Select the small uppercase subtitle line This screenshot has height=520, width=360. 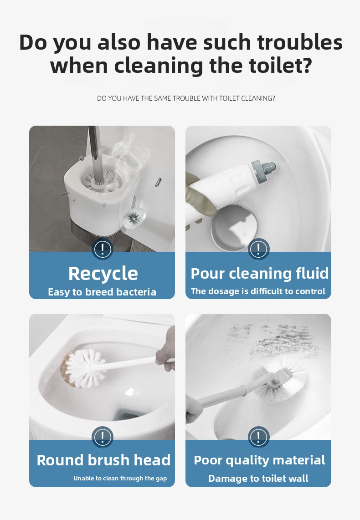[186, 98]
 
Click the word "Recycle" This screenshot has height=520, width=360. [103, 274]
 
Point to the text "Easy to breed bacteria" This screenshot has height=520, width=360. [102, 292]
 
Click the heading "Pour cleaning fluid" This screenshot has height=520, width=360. [259, 273]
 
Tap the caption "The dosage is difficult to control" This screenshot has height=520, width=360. [258, 291]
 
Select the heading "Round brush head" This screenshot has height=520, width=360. [103, 460]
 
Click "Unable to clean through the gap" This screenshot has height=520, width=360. [120, 478]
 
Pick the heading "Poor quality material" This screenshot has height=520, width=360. [259, 460]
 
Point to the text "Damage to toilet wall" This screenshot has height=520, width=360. [258, 478]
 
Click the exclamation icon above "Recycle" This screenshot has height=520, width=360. [103, 249]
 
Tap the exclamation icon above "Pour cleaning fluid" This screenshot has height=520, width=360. [258, 249]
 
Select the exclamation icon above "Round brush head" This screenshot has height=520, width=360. [103, 437]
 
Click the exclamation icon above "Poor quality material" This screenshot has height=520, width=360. [258, 437]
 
